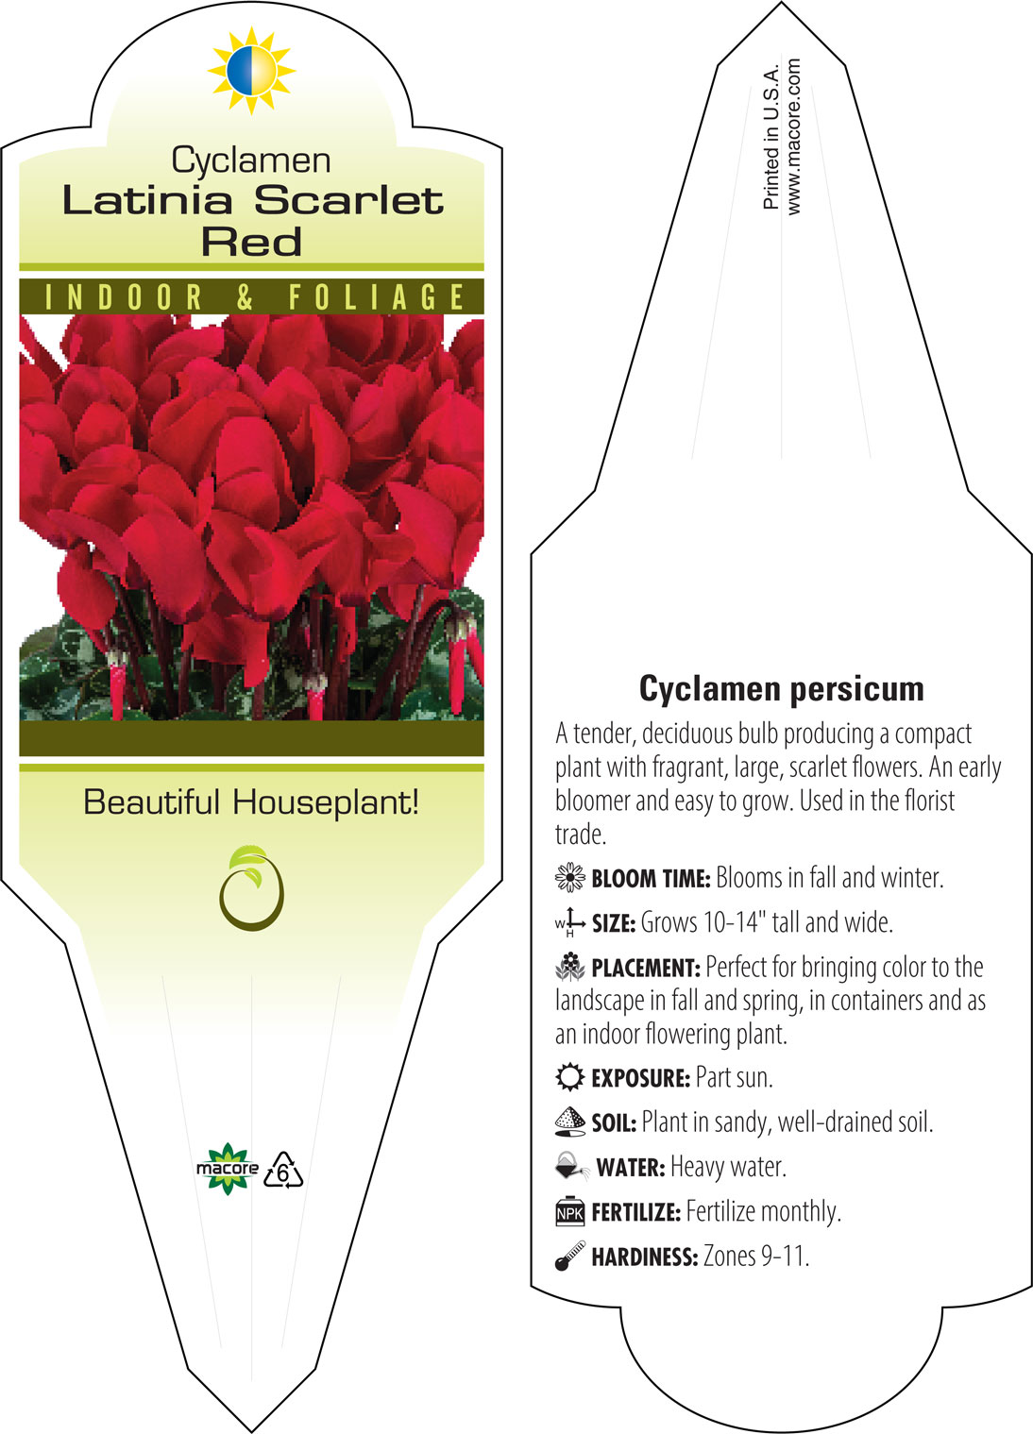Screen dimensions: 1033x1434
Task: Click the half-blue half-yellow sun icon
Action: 252,71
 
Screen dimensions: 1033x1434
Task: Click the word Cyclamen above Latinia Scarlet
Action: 251,160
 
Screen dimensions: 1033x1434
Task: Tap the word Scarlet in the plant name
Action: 348,200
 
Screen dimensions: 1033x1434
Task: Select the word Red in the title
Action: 251,242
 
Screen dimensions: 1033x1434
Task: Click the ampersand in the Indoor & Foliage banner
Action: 245,297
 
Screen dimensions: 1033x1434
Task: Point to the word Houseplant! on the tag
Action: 326,802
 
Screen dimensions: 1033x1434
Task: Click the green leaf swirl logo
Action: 251,888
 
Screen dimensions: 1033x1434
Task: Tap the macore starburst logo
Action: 228,1169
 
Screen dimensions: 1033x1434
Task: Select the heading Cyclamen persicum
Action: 781,689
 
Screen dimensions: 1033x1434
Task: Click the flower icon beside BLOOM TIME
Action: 570,877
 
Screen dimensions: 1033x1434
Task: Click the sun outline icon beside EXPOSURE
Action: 570,1077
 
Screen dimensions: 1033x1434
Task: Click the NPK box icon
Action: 570,1211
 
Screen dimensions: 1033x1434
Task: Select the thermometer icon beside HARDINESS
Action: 570,1256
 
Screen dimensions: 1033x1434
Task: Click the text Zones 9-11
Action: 756,1256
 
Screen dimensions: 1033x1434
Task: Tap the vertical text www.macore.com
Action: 793,136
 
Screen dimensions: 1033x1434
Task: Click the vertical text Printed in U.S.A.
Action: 771,136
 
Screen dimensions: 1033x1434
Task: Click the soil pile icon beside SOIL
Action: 570,1122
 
